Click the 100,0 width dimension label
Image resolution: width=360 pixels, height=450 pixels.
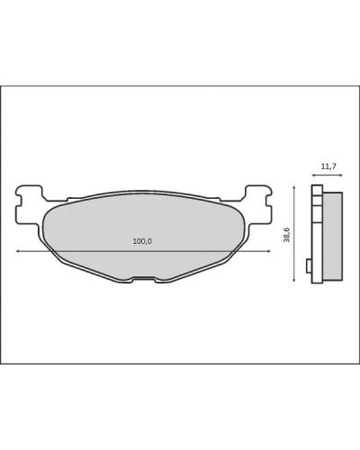click(x=142, y=241)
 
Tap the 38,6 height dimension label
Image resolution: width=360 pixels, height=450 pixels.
click(x=287, y=235)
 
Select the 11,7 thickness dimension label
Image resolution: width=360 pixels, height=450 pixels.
click(x=328, y=166)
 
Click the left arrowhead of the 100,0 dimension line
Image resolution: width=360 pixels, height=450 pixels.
click(x=18, y=251)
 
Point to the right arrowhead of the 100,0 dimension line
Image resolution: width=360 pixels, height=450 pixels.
click(x=269, y=251)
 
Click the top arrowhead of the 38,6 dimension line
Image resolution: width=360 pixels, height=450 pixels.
click(x=294, y=188)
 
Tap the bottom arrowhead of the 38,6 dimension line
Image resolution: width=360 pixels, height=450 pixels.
click(x=294, y=280)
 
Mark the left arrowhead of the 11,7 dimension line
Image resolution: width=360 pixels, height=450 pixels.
click(x=314, y=175)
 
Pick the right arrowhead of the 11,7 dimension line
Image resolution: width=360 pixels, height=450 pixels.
click(x=340, y=175)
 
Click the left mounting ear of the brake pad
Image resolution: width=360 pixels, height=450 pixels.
click(x=29, y=204)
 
